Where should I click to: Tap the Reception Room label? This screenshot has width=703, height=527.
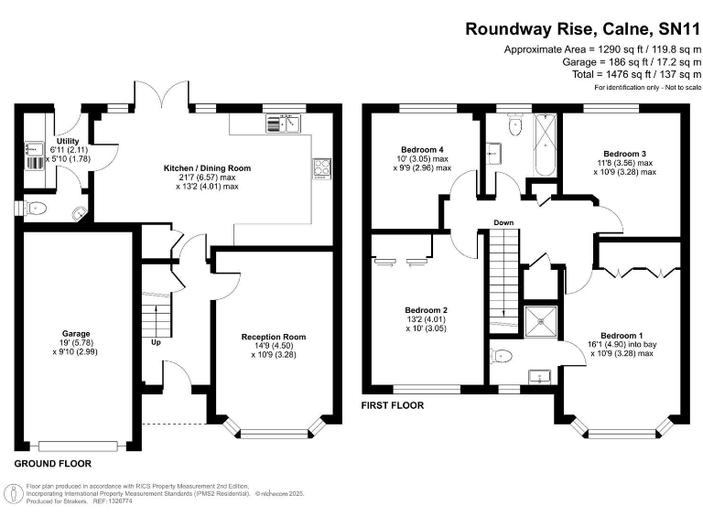tap(274, 337)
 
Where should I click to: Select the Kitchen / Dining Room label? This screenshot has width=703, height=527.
tap(207, 168)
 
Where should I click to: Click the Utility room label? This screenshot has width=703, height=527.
tap(68, 141)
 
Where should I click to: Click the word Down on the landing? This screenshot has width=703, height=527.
tap(503, 222)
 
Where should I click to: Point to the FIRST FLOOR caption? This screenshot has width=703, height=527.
tap(393, 404)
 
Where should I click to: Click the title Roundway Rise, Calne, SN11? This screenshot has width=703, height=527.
tap(583, 28)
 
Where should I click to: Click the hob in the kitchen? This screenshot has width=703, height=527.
tap(323, 167)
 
